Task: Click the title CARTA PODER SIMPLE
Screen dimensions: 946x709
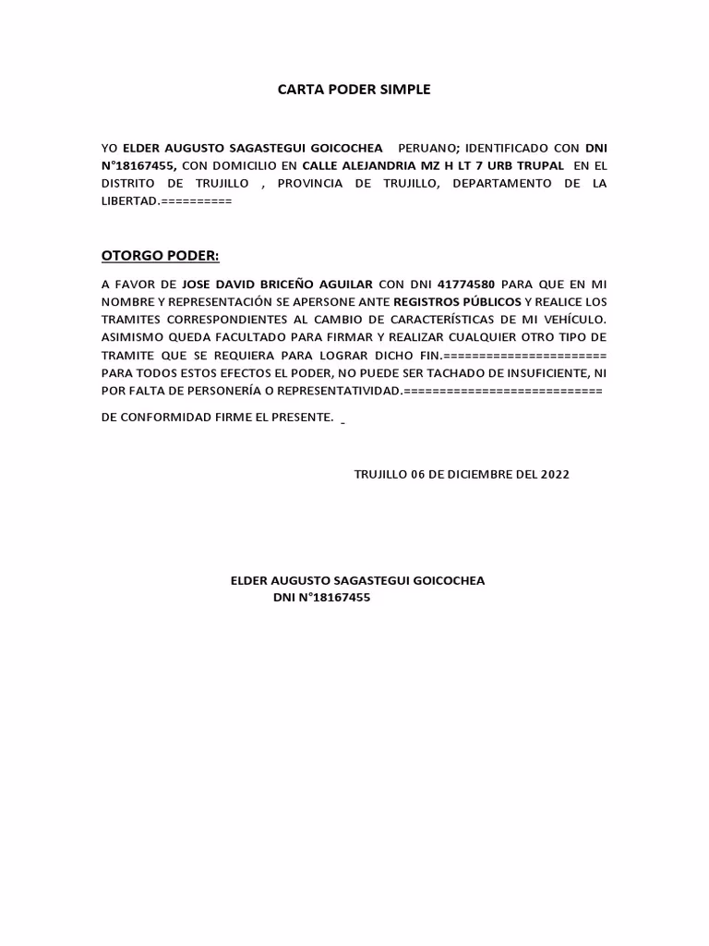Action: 354,91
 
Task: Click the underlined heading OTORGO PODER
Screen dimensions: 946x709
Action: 161,256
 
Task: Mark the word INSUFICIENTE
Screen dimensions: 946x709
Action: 545,373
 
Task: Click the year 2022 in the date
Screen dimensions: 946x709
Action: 555,475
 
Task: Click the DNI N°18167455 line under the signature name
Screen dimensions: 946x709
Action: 321,599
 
